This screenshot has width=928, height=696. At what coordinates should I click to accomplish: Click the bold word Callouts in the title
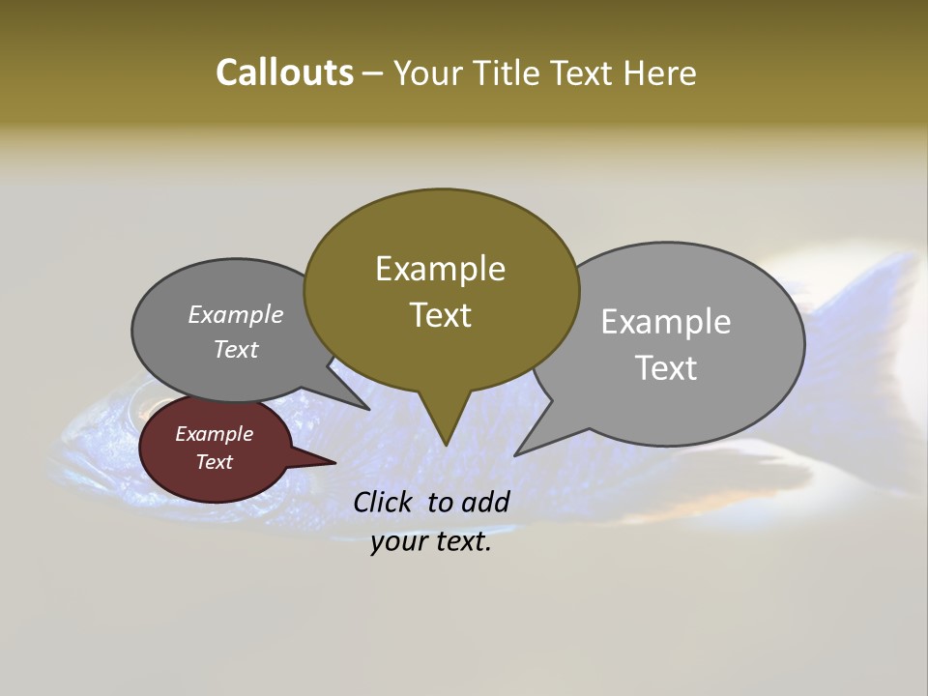(284, 72)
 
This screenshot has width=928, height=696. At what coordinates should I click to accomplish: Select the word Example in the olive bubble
(440, 269)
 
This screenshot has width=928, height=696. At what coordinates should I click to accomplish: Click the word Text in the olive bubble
(440, 315)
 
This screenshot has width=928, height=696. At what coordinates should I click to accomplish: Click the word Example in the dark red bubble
(214, 434)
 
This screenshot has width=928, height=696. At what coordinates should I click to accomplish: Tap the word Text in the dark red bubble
(214, 462)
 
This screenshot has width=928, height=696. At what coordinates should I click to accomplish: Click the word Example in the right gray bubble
(665, 321)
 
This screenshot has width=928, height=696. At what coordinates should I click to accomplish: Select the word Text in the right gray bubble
(667, 368)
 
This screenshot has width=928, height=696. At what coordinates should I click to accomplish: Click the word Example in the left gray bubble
(235, 315)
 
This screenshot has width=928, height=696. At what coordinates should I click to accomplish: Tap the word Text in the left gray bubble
(236, 349)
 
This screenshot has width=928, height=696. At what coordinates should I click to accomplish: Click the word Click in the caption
(384, 502)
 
